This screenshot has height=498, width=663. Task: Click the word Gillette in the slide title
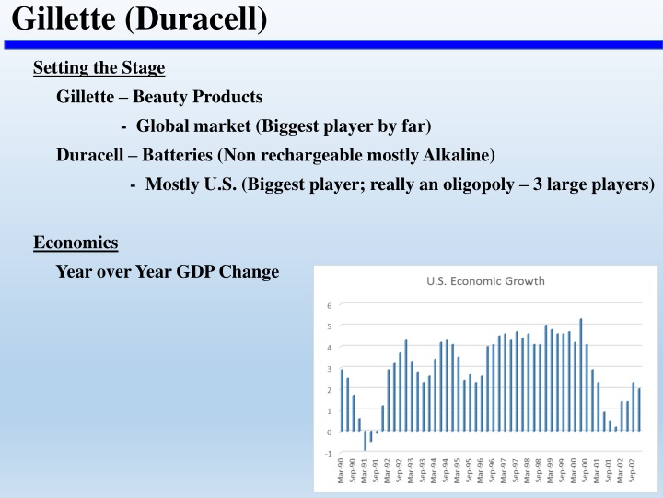[x=64, y=18]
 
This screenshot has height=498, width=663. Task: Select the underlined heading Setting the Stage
[x=99, y=67]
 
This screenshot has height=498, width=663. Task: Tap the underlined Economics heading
[x=76, y=243]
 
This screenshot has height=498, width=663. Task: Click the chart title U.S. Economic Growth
[x=485, y=281]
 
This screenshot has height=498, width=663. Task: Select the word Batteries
[x=177, y=155]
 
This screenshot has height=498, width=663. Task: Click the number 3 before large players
[x=538, y=184]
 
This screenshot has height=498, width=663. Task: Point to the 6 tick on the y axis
[x=330, y=305]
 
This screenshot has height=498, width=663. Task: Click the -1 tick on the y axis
[x=329, y=454]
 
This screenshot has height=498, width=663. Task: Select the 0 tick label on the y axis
[x=330, y=433]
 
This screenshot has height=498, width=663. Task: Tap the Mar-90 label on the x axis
[x=342, y=470]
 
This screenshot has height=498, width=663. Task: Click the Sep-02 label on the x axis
[x=632, y=470]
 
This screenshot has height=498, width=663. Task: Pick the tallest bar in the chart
[x=581, y=374]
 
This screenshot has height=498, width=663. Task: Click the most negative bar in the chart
[x=365, y=441]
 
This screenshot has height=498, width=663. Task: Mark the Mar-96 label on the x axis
[x=481, y=470]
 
